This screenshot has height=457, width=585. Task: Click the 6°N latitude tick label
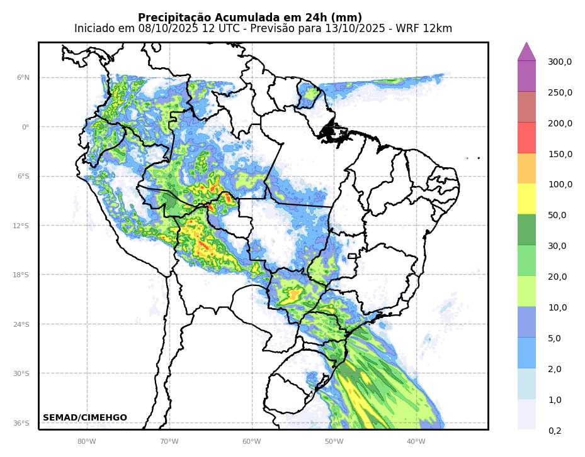[x=23, y=78]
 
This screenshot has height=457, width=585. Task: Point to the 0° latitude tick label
[x=26, y=127]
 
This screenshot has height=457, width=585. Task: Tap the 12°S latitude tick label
[x=22, y=226]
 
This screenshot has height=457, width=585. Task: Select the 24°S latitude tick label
[x=22, y=324]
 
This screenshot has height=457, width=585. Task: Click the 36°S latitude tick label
[x=22, y=423]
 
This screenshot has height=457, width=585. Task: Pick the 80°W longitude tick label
[x=86, y=441]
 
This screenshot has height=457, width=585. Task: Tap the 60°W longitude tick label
[x=251, y=441]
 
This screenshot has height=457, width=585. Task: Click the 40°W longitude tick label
[x=416, y=441]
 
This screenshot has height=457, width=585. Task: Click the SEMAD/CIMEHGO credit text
[x=85, y=418]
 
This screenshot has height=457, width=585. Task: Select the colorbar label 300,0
[x=560, y=62]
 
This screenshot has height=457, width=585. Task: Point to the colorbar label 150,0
[x=560, y=155]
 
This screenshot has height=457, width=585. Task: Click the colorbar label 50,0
[x=557, y=216]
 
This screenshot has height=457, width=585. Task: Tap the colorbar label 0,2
[x=555, y=431]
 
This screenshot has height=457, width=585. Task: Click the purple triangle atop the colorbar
[x=526, y=52]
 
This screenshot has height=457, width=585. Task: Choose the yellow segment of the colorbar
[x=526, y=199]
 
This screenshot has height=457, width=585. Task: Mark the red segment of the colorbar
[x=526, y=138]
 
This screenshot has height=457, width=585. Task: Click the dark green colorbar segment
[x=526, y=229]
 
